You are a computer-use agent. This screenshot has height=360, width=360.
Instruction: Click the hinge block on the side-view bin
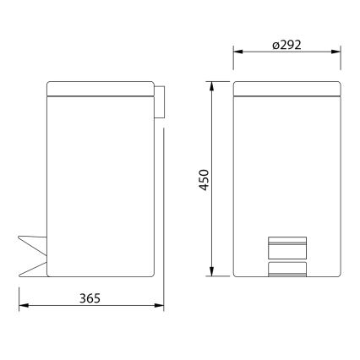160,101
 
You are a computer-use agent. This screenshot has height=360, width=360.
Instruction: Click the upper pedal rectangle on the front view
287,246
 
